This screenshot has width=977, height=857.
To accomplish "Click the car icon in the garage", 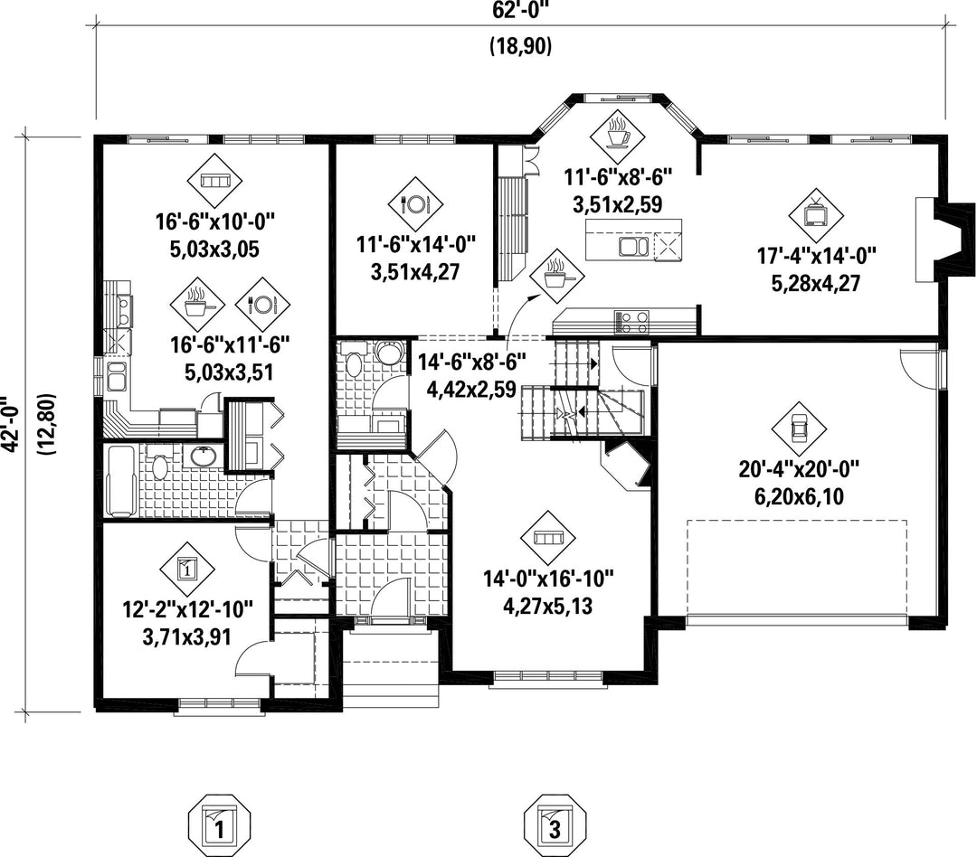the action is click(x=798, y=428).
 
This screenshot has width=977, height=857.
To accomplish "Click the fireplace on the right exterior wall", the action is click(x=944, y=240).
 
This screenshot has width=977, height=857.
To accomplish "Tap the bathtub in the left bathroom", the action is click(x=121, y=480).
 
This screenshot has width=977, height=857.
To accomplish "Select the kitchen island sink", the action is click(x=633, y=245).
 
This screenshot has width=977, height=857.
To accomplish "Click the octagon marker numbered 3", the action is click(x=554, y=824).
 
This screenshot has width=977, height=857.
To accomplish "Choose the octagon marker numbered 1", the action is click(x=219, y=824).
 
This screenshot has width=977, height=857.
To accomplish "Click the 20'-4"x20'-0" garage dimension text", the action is click(x=800, y=469).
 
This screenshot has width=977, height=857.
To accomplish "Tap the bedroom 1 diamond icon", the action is click(x=187, y=568).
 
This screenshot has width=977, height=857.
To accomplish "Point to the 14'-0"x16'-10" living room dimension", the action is click(x=548, y=579).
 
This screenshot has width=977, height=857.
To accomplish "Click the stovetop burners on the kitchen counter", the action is click(x=632, y=322).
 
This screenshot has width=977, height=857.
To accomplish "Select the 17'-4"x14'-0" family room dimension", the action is click(x=816, y=255).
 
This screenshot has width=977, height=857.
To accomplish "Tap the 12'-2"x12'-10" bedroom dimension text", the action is click(x=187, y=608).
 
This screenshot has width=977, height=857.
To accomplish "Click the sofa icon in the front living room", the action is click(x=549, y=538).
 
